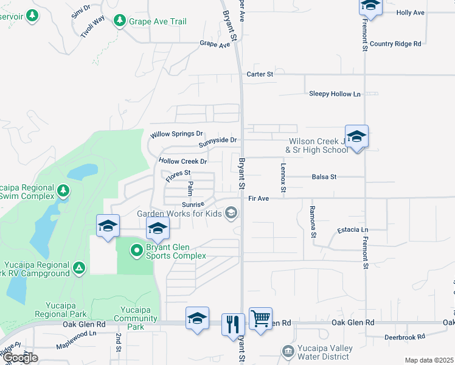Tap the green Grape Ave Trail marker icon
pyautogui.click(x=120, y=21)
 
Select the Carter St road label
pyautogui.click(x=260, y=74)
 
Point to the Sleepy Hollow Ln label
pyautogui.click(x=335, y=94)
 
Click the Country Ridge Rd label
pyautogui.click(x=395, y=44)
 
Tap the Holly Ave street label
pyautogui.click(x=411, y=12)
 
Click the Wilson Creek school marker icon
pyautogui.click(x=356, y=136)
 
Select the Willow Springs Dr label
pyautogui.click(x=177, y=133)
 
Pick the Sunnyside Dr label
pyautogui.click(x=217, y=141)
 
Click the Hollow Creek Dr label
pyautogui.click(x=182, y=161)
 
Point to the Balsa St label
pyautogui.click(x=324, y=177)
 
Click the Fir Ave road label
pyautogui.click(x=259, y=198)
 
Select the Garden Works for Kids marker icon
pyautogui.click(x=231, y=212)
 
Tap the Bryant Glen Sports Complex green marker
pyautogui.click(x=137, y=249)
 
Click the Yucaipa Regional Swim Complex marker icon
pyautogui.click(x=63, y=191)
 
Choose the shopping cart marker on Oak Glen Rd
pyautogui.click(x=260, y=318)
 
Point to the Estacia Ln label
pyautogui.click(x=353, y=231)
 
